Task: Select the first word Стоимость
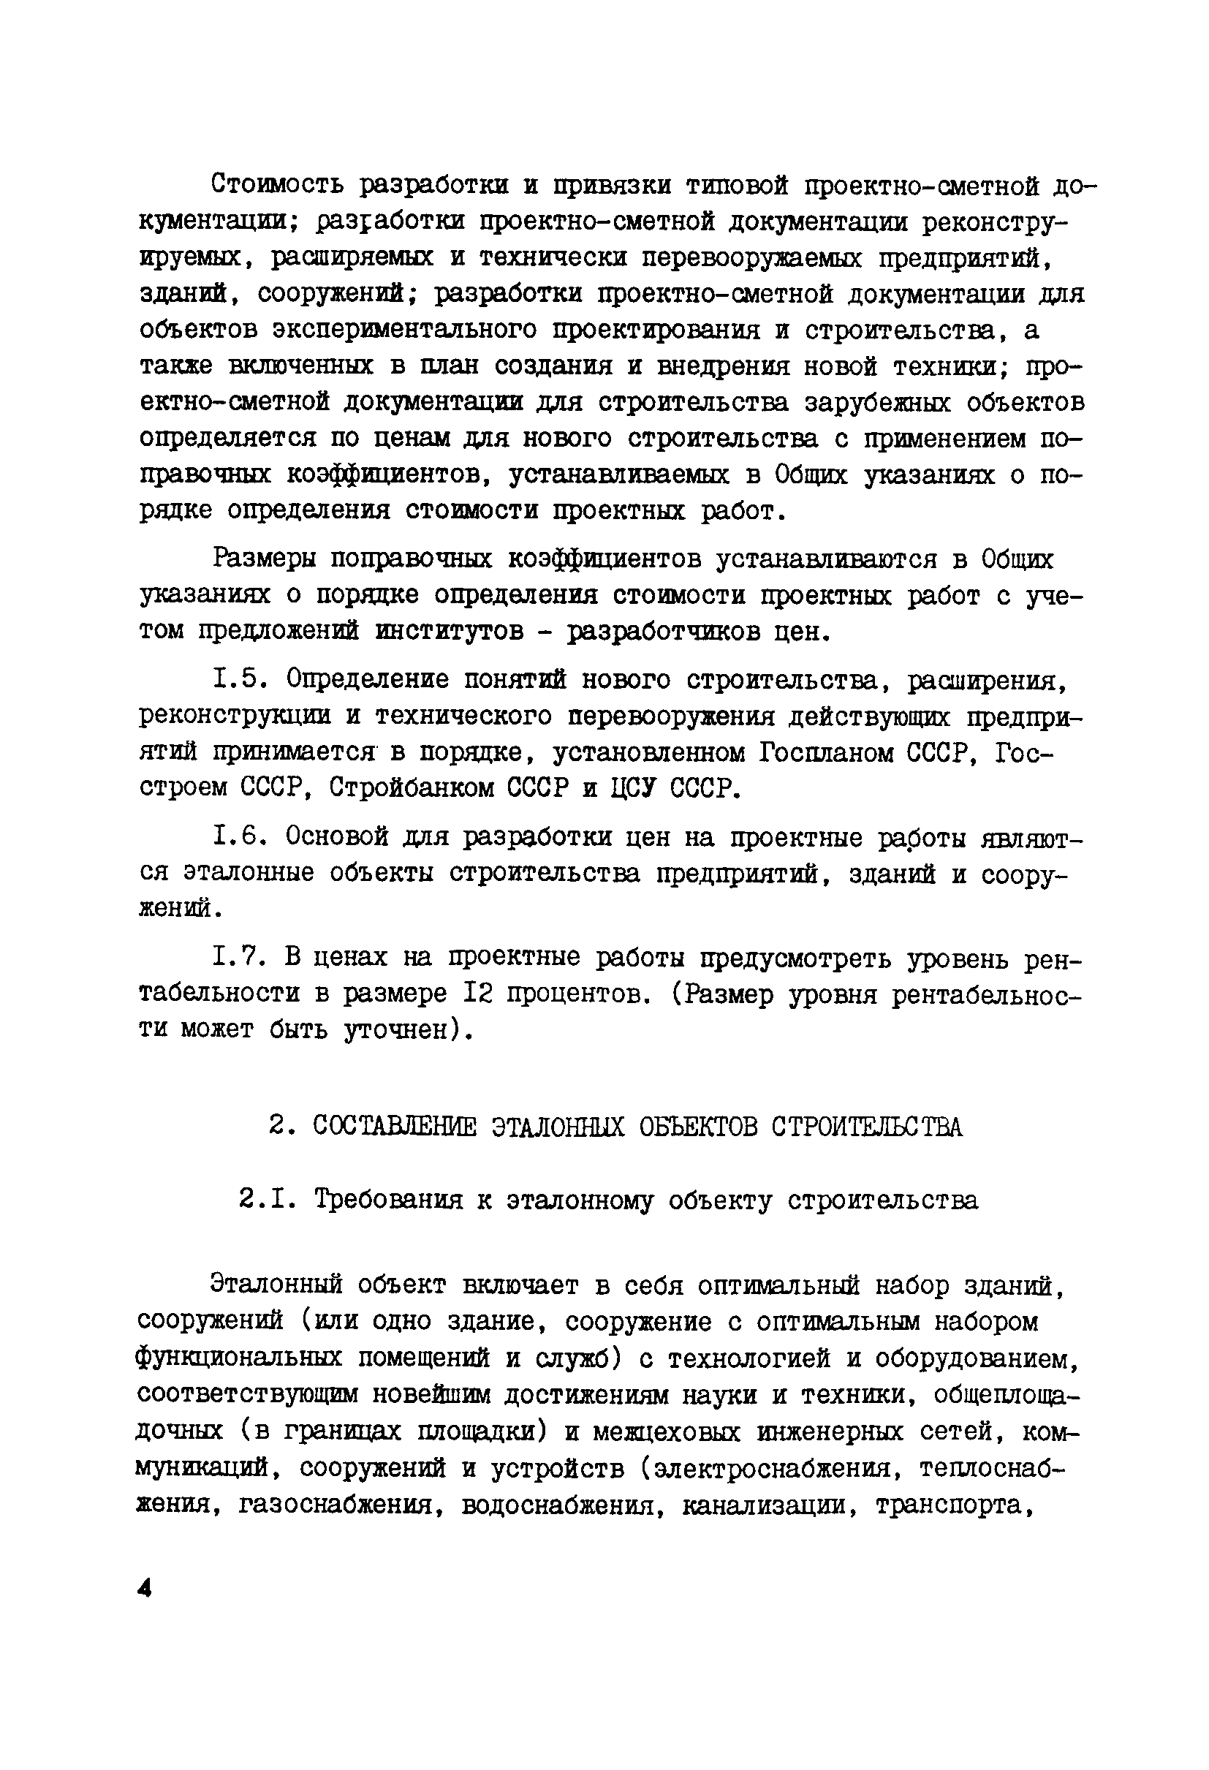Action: [277, 184]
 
